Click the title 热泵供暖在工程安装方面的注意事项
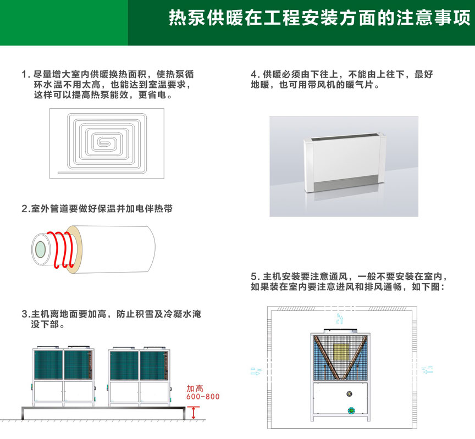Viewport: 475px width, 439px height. click(319, 18)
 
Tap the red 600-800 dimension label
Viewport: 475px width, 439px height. click(203, 397)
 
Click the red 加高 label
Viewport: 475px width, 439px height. click(195, 388)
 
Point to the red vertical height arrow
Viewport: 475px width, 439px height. click(194, 413)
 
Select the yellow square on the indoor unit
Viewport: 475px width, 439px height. click(341, 352)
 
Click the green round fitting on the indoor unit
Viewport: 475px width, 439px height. click(351, 411)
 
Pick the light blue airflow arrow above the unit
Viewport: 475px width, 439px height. click(340, 319)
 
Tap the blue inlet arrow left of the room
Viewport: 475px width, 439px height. click(256, 371)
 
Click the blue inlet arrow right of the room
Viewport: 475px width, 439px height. click(427, 370)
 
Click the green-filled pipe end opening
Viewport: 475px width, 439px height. click(40, 250)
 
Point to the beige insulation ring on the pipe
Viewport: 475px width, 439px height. click(74, 249)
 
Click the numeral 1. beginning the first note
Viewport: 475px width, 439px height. click(26, 75)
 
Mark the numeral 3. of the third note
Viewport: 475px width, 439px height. click(26, 314)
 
